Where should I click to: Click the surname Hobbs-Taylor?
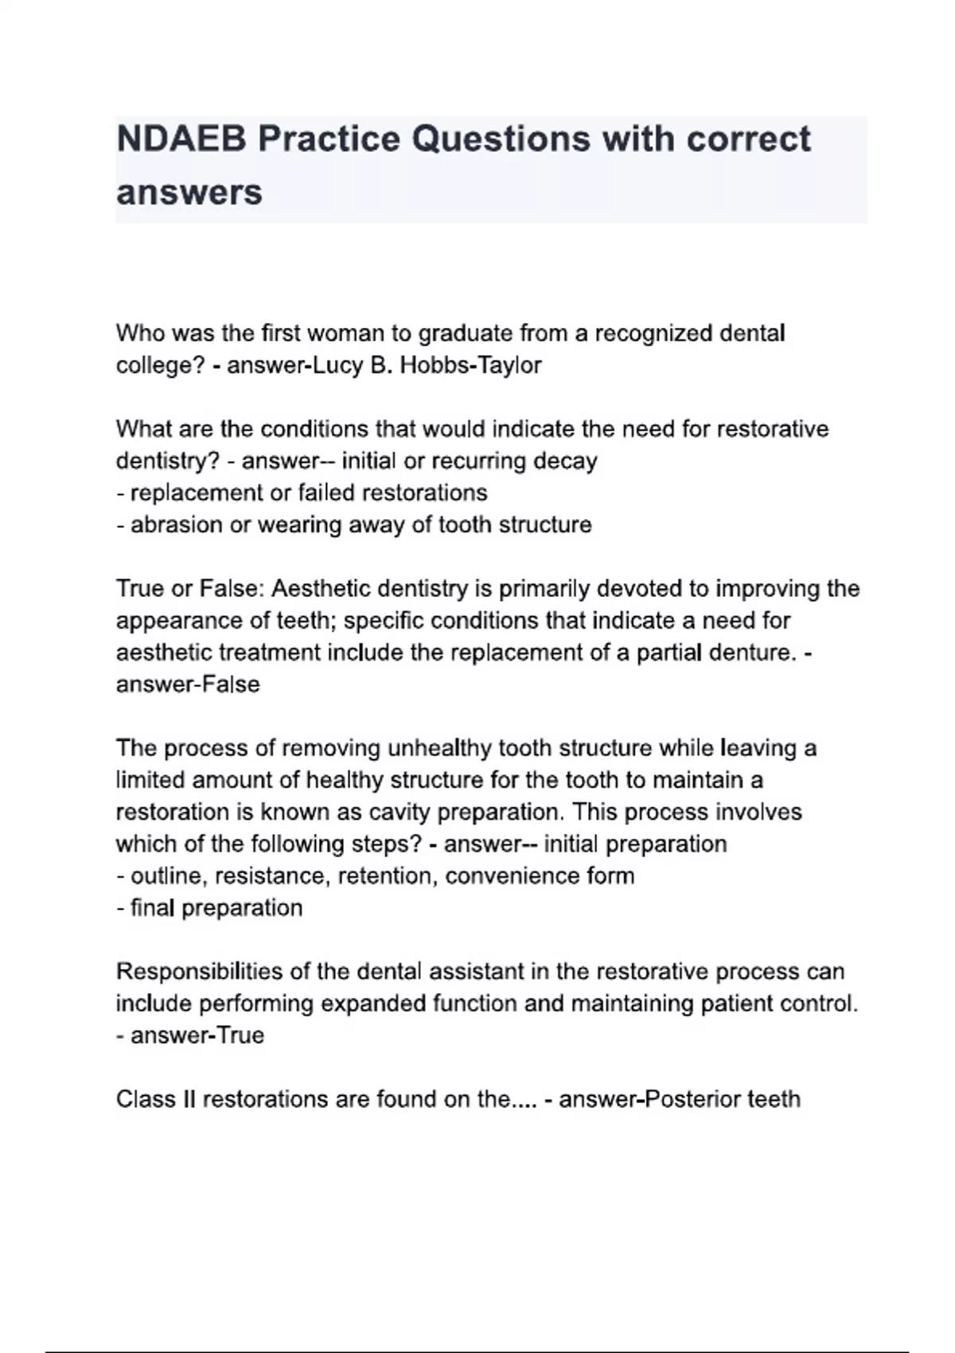point(470,365)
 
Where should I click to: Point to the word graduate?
point(465,333)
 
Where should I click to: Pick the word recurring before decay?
point(479,461)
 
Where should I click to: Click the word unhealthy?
point(439,748)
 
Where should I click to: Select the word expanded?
point(372,1003)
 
